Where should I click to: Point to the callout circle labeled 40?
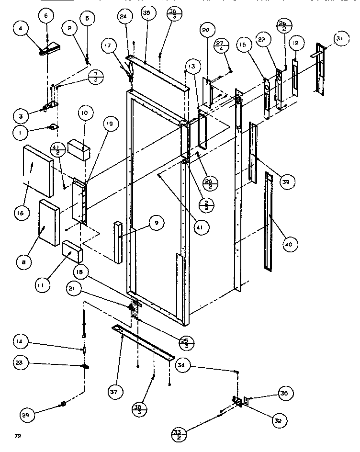pyautogui.click(x=289, y=245)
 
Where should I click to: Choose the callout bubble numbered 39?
pyautogui.click(x=288, y=182)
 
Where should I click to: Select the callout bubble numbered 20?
pyautogui.click(x=205, y=30)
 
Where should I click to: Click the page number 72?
pyautogui.click(x=18, y=436)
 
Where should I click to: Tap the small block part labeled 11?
pyautogui.click(x=72, y=250)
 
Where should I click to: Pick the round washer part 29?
pyautogui.click(x=62, y=406)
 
